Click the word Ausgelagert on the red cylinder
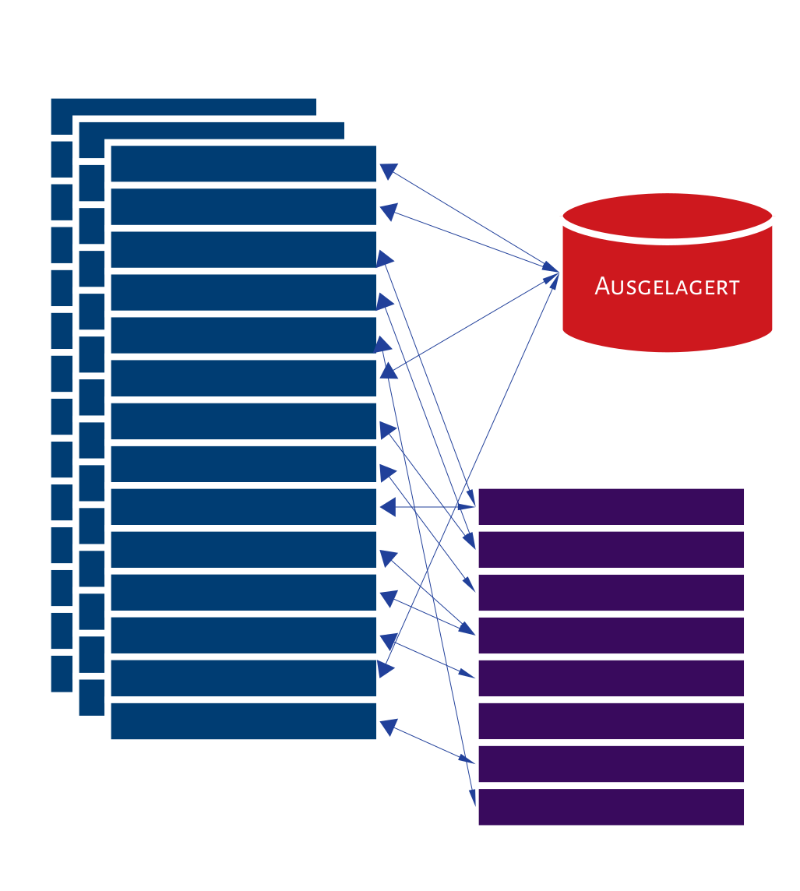667,287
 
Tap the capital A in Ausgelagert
602,286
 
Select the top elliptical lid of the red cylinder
667,215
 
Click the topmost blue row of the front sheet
243,164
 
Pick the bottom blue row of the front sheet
243,721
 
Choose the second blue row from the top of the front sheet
243,206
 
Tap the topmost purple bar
611,506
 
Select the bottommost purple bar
611,806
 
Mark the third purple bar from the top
611,592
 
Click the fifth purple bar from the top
611,678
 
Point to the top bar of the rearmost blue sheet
183,107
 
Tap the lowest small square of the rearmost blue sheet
62,674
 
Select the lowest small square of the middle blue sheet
91,697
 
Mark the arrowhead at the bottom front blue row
388,728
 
